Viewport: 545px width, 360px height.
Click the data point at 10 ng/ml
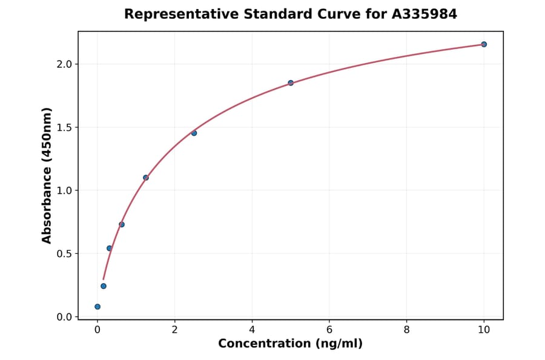coord(484,44)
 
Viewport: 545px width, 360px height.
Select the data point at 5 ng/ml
coord(291,83)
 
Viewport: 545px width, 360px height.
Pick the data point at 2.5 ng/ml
coord(194,133)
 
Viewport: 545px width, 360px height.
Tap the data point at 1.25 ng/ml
coord(146,178)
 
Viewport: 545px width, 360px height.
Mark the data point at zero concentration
coord(97,307)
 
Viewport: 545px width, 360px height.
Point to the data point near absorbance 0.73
coord(122,224)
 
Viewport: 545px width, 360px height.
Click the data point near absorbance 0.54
coord(110,248)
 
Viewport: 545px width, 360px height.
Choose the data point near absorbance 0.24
coord(104,286)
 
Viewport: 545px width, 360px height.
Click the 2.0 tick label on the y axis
coord(64,64)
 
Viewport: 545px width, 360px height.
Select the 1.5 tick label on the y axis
coord(64,127)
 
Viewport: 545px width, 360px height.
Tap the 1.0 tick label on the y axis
coord(64,190)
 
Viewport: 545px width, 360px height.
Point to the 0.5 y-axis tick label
coord(64,253)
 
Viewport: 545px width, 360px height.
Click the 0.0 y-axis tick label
coord(64,317)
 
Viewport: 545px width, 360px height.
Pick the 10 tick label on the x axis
coord(484,330)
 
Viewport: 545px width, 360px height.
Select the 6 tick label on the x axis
coord(329,330)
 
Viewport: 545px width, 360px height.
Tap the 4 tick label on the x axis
coord(252,330)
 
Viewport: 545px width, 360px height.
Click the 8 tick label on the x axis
coord(406,330)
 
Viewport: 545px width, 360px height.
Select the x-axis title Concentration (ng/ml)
coord(291,344)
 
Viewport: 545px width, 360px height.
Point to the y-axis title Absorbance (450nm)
coord(47,175)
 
